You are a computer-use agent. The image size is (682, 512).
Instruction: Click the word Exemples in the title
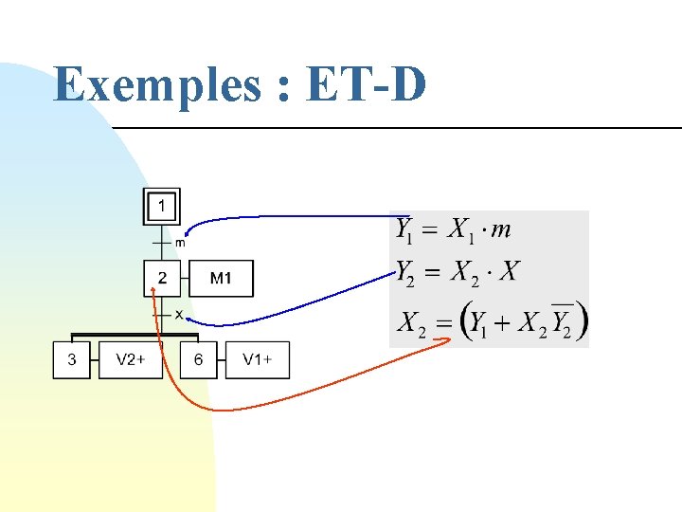156,85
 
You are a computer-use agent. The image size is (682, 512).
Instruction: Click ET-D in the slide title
367,85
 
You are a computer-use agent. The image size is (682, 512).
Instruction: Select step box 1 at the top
162,206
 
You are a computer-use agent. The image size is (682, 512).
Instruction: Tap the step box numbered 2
162,279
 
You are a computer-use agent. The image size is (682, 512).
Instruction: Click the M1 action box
220,279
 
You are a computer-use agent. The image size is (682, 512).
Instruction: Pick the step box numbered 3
72,360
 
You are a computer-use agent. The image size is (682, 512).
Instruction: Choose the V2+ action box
131,360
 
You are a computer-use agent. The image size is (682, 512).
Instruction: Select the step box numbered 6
198,360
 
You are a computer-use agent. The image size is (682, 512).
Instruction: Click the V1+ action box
258,360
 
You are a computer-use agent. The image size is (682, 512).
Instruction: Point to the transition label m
180,243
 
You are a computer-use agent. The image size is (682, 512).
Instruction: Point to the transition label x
179,314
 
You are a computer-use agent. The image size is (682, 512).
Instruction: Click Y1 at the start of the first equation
405,230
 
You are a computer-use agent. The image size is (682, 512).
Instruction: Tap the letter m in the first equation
502,229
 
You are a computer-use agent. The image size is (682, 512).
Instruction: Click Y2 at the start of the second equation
406,273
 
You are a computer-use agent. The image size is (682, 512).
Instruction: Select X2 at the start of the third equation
411,324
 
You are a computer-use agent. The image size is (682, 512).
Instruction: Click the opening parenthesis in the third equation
465,322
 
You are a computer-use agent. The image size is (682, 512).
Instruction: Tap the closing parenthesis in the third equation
581,321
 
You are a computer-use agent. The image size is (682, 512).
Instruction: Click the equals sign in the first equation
431,230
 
